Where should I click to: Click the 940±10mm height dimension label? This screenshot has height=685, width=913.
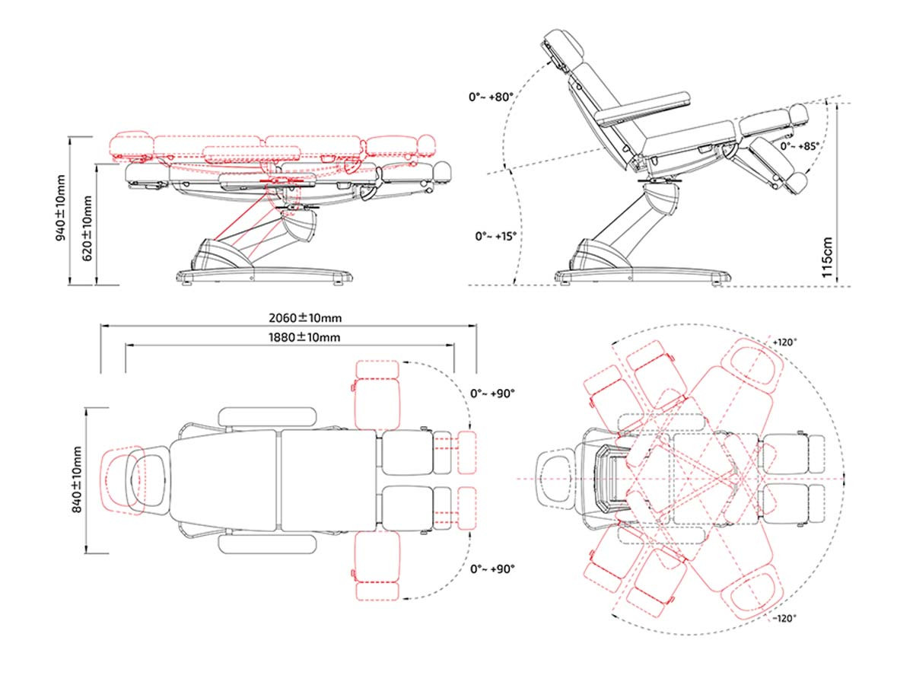pos(61,208)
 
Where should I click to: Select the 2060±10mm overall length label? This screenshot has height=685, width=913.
pos(305,318)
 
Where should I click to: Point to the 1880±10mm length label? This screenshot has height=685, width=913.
pos(304,337)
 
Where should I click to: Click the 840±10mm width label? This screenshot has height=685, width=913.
pos(78,479)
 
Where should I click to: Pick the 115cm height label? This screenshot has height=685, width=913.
pos(827,257)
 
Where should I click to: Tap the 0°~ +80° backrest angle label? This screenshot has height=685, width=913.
pos(491,97)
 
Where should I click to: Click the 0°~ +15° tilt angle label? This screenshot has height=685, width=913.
pos(496,236)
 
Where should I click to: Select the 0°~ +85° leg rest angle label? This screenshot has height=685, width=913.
pos(800,146)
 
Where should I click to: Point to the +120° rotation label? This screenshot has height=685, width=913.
pos(785,342)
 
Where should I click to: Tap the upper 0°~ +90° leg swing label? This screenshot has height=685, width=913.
pos(492,393)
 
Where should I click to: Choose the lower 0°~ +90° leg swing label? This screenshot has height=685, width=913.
pos(492,569)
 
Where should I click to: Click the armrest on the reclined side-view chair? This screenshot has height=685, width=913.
pos(644,109)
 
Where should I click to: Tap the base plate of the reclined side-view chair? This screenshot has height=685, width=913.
pos(642,276)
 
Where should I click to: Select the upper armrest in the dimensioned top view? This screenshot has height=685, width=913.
pos(268,417)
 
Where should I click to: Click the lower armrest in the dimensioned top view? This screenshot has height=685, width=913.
pos(268,545)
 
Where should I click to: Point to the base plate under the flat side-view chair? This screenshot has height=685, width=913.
pos(265,276)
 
